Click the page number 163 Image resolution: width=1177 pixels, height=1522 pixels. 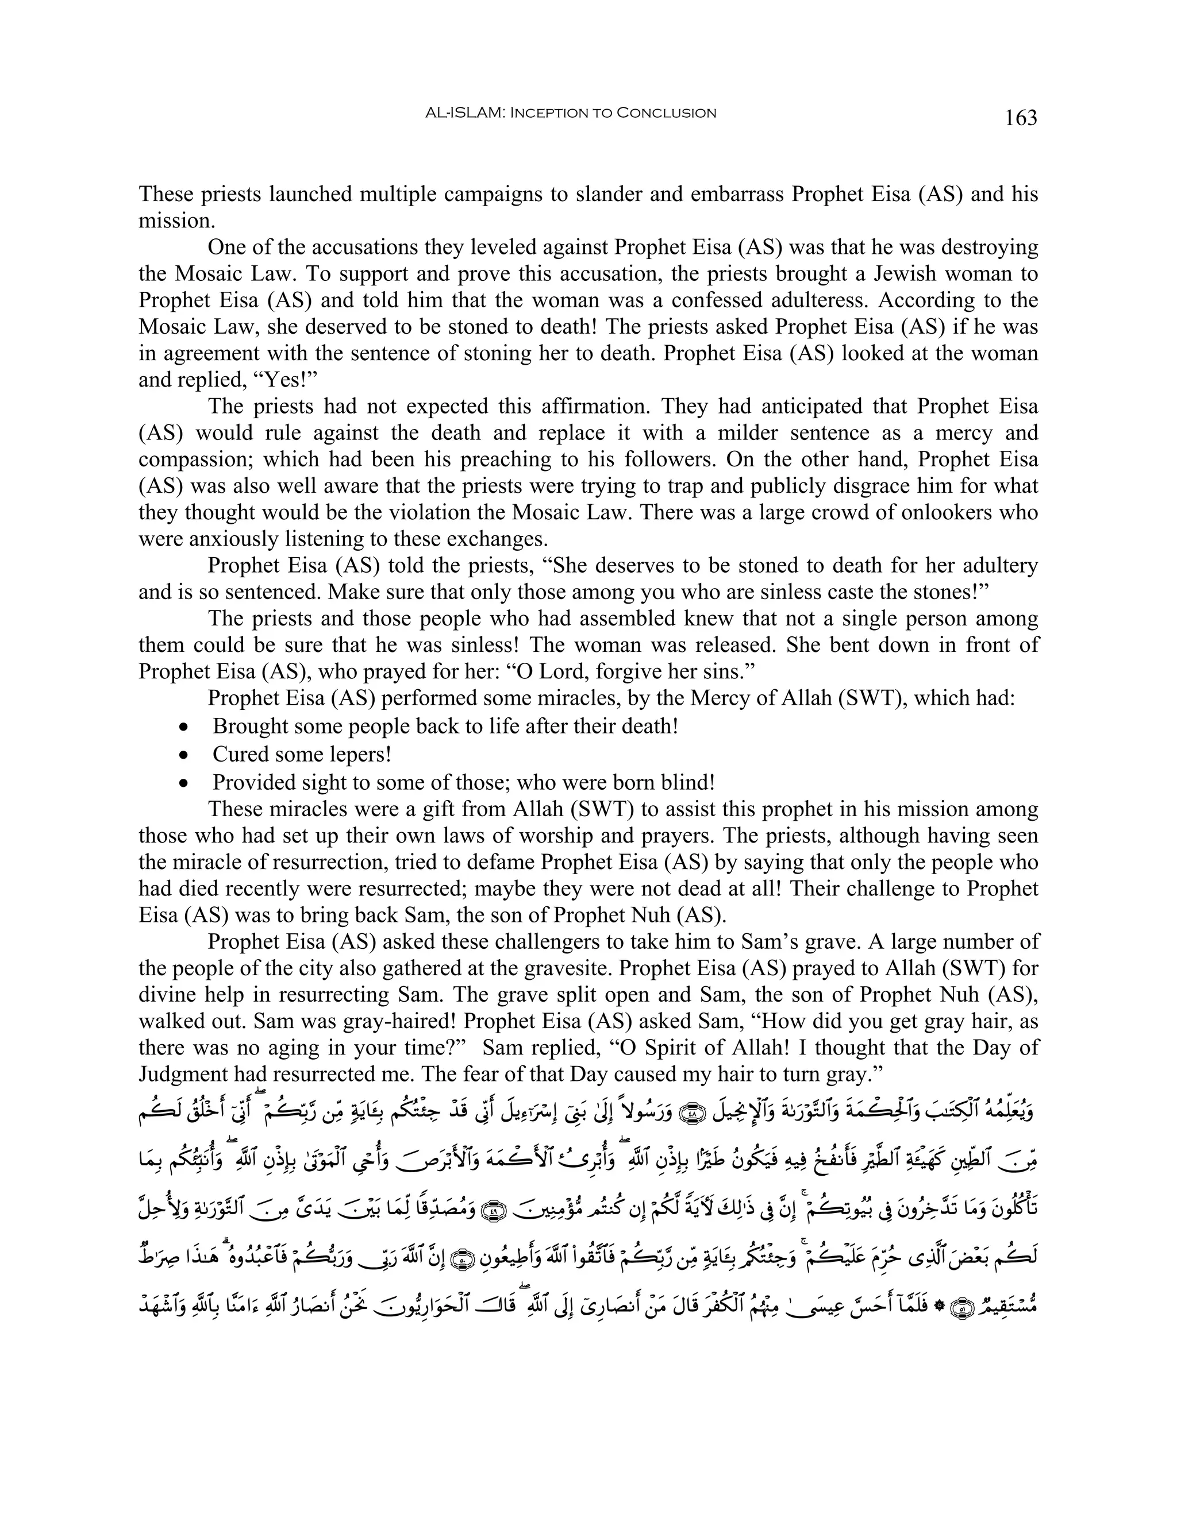[x=1020, y=118]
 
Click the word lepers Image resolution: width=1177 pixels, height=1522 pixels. [x=357, y=755]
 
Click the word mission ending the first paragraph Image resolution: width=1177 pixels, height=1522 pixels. [x=174, y=221]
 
